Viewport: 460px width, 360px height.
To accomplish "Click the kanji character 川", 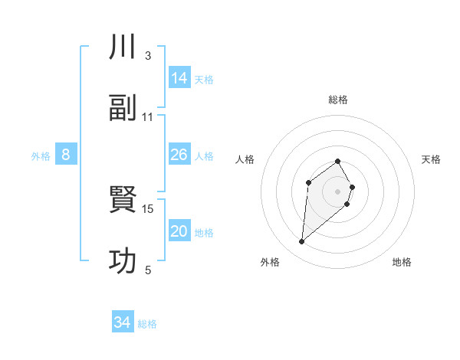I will coord(123,47).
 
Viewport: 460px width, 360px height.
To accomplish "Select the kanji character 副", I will coord(123,109).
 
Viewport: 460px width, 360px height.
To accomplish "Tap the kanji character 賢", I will coord(123,201).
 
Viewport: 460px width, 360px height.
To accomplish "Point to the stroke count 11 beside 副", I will coord(148,117).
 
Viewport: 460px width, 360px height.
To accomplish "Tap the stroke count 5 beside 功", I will coord(147,270).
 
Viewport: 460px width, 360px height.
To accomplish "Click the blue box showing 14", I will coord(179,78).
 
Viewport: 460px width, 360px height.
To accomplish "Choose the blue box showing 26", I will coord(179,155).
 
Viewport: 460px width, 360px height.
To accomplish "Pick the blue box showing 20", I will coord(179,231).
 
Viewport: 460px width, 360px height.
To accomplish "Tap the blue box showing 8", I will coord(66,155).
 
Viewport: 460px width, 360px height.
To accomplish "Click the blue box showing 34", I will coord(123,322).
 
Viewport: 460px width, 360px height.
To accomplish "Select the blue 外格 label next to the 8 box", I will coord(41,155).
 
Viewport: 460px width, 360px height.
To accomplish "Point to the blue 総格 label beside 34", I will coord(147,323).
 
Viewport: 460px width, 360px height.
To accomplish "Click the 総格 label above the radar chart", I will coord(337,100).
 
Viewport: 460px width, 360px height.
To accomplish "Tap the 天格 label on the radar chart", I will coord(431,159).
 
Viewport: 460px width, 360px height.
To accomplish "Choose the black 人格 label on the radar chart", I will coord(245,159).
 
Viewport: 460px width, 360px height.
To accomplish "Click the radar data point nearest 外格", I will coord(302,242).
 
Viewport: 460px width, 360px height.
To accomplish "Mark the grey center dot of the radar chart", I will coord(337,191).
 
